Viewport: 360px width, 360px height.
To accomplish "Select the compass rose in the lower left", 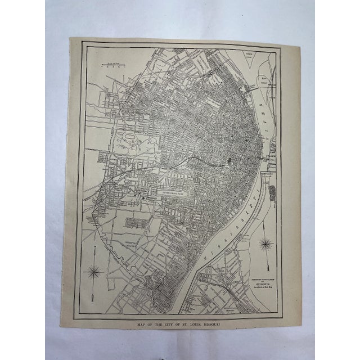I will (x=93, y=272).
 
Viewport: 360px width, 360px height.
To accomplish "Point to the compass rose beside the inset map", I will (x=265, y=244).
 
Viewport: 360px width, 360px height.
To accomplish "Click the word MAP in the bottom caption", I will (x=141, y=325).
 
